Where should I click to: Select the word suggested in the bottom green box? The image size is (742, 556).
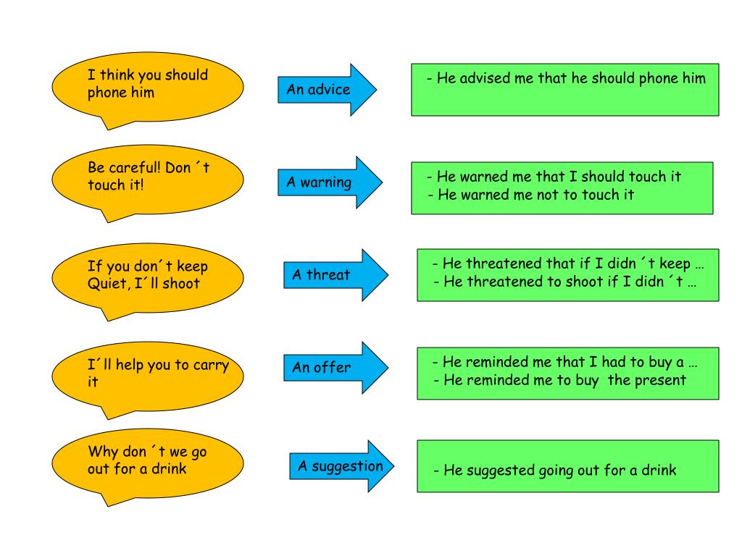coord(500,471)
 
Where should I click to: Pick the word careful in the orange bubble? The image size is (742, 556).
coord(133,168)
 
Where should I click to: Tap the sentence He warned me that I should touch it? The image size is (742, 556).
coord(554,177)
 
